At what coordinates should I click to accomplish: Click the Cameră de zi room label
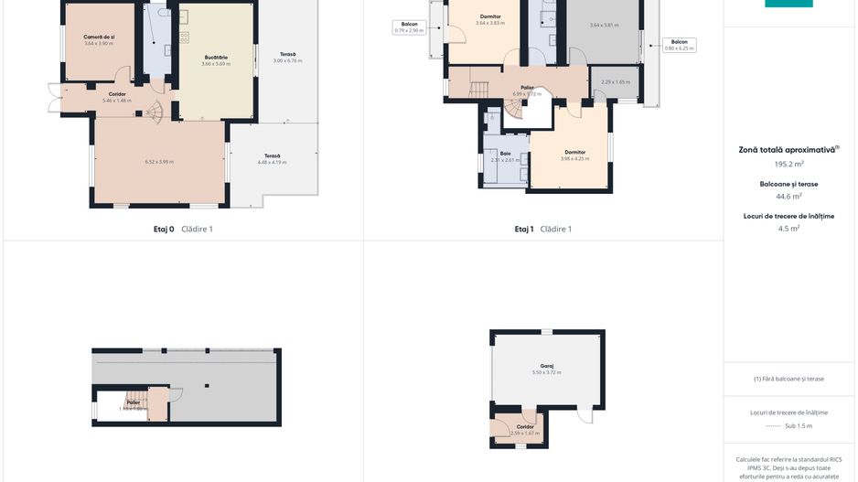(98, 37)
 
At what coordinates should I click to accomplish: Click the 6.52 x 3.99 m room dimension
(159, 162)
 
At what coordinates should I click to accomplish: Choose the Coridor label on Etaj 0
(117, 93)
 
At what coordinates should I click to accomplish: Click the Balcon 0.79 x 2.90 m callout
(409, 27)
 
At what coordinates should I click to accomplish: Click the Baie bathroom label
(505, 153)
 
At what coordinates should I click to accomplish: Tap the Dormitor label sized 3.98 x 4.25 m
(574, 152)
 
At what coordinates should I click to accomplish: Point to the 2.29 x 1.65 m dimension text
(616, 82)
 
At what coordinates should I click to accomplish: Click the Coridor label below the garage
(525, 427)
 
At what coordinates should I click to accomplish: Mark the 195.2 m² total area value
(788, 165)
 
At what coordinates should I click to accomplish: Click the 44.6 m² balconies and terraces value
(788, 196)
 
